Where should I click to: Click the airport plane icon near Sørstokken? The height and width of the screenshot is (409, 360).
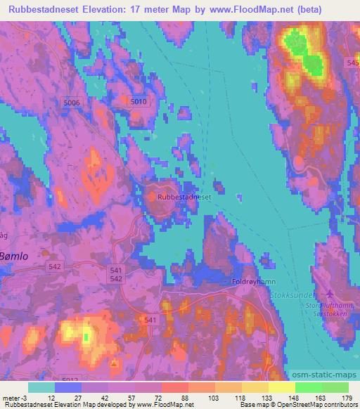pos(324,294)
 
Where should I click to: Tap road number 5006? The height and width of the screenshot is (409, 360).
pos(72,103)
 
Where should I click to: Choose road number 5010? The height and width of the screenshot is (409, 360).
pos(139,102)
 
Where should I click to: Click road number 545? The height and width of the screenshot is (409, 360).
pos(353,63)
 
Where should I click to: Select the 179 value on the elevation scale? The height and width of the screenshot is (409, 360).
pos(346,397)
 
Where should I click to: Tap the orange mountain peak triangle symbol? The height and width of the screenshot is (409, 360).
pos(113,364)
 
